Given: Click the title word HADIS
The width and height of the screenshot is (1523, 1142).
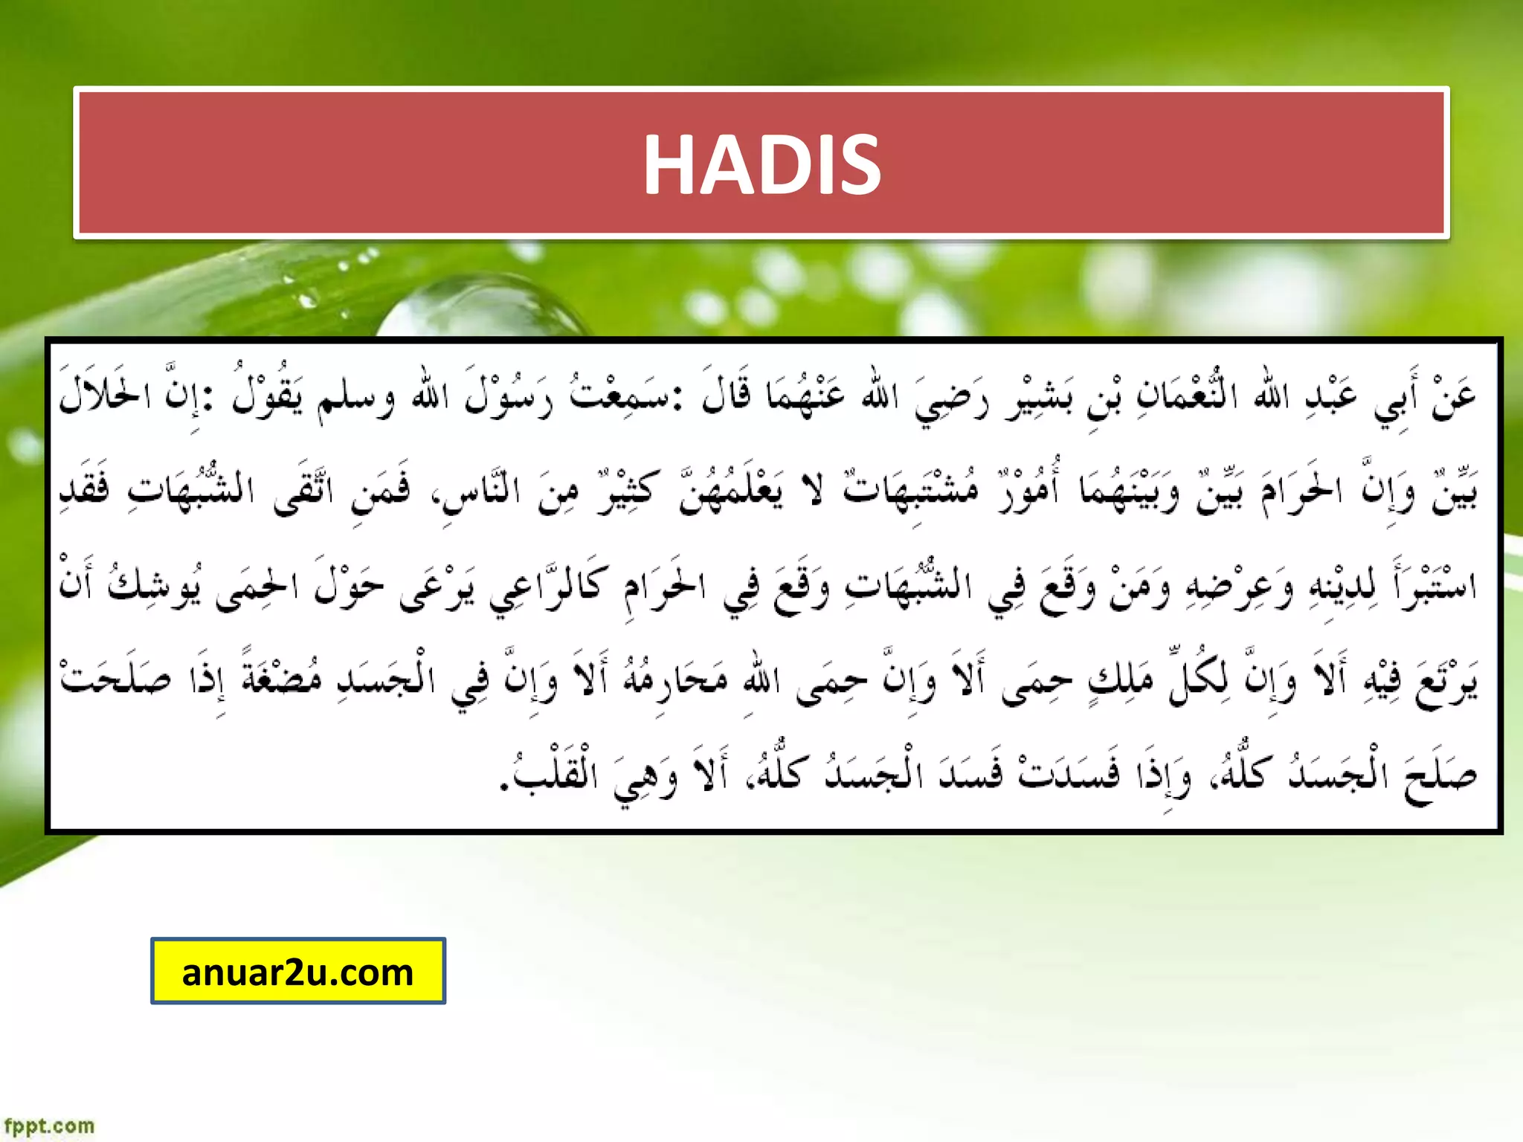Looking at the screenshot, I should [761, 164].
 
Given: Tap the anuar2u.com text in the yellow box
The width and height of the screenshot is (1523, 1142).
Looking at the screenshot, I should [297, 972].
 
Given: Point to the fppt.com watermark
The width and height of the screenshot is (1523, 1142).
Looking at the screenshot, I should [49, 1126].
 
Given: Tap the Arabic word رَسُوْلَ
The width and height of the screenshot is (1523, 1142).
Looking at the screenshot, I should [509, 394].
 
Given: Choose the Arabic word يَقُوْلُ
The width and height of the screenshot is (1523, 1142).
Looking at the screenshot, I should [268, 394].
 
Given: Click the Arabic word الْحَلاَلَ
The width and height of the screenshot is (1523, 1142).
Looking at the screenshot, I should [104, 394].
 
